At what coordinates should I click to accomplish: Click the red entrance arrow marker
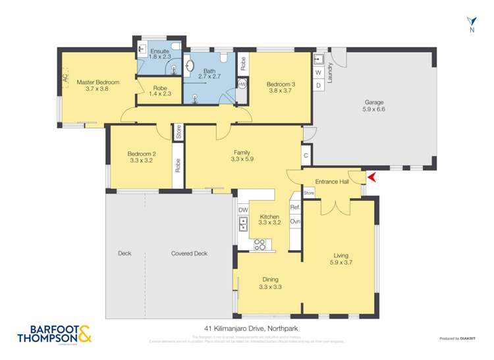(371, 177)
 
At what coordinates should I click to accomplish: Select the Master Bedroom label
(97, 86)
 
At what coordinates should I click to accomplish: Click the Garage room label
(373, 106)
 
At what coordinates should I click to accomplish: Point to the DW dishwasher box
(243, 210)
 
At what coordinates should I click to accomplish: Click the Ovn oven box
(295, 222)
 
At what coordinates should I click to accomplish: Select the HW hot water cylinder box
(242, 84)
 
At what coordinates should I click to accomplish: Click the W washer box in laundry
(317, 72)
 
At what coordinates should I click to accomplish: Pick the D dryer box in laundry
(317, 86)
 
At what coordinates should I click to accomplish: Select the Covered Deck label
(189, 253)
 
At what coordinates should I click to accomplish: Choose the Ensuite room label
(159, 54)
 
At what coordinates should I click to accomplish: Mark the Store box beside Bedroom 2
(178, 132)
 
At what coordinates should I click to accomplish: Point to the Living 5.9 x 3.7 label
(341, 259)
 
